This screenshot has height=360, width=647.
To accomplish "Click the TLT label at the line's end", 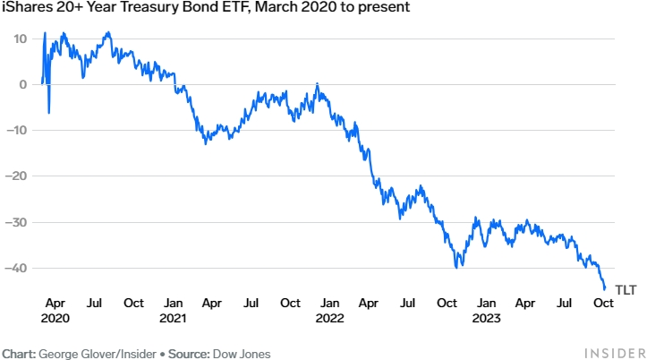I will (x=625, y=290).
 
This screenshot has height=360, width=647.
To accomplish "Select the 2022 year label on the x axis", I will (x=329, y=318).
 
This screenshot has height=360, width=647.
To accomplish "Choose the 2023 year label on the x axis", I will (x=486, y=318).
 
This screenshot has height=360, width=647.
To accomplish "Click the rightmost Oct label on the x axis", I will (x=603, y=303).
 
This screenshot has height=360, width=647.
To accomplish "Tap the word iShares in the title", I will (x=24, y=8).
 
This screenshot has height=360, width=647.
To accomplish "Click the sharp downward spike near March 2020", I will (x=48, y=112).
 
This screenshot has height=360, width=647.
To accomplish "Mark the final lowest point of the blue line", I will (x=605, y=289).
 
